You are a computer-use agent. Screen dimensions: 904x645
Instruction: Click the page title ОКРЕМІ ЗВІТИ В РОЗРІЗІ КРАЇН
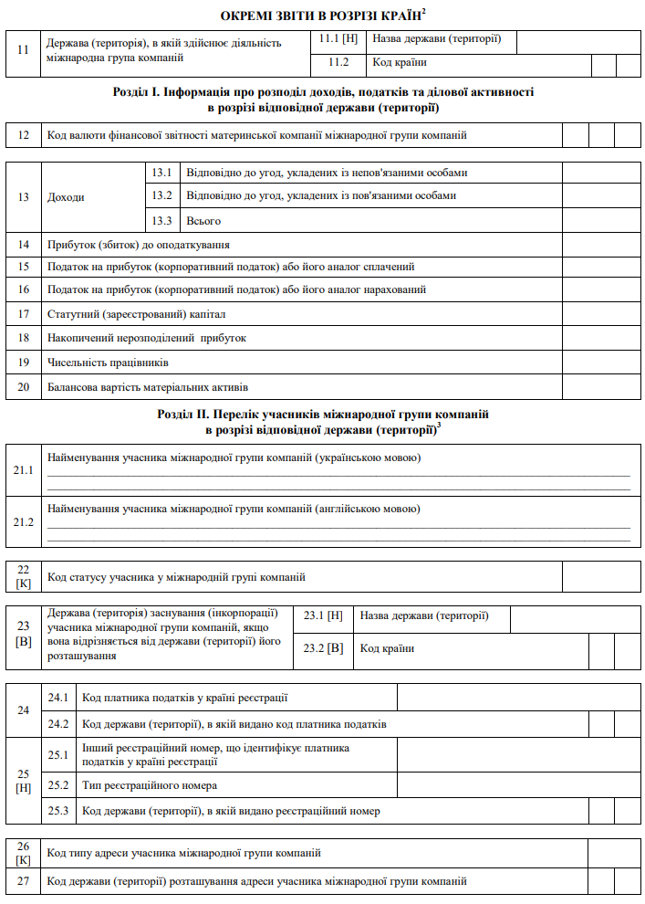point(321,16)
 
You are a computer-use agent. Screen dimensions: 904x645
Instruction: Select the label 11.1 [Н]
point(338,40)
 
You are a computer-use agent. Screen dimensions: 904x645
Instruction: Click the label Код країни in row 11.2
point(400,63)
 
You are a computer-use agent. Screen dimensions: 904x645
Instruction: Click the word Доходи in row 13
point(66,196)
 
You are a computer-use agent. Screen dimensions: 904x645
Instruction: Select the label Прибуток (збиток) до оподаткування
point(138,245)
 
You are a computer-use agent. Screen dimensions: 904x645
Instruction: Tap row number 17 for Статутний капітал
point(24,314)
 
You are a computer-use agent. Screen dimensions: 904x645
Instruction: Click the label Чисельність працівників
point(108,363)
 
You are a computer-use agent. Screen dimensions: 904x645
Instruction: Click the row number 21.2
point(24,521)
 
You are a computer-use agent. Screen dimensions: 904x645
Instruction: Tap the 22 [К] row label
point(24,576)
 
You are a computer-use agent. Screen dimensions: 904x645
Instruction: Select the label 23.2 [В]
point(324,648)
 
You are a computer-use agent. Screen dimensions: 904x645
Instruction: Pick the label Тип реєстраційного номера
point(150,785)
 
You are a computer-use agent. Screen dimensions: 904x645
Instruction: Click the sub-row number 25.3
point(58,810)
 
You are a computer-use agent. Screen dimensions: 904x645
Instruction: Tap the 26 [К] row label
point(24,853)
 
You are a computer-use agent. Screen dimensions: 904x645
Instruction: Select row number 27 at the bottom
point(24,881)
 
